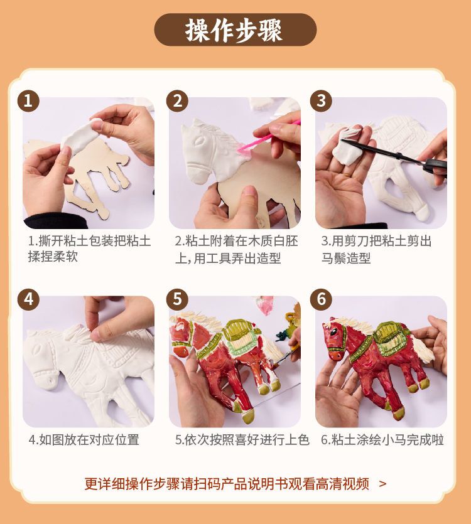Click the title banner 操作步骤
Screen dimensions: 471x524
click(x=235, y=29)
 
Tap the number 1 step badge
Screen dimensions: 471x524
click(x=28, y=101)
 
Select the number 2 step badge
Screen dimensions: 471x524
click(x=177, y=101)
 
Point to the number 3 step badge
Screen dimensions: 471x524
click(x=321, y=101)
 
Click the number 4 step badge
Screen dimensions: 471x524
click(x=28, y=299)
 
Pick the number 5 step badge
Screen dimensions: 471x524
click(x=177, y=299)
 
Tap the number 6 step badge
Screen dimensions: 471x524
click(x=321, y=299)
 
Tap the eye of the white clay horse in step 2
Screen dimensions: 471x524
click(x=200, y=141)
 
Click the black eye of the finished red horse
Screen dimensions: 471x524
click(x=334, y=332)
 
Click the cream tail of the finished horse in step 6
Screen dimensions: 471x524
click(x=421, y=349)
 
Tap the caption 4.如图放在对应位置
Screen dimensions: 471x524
click(x=84, y=440)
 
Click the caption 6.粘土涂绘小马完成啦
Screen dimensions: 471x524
click(x=382, y=440)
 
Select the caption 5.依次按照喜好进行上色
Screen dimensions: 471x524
click(x=242, y=440)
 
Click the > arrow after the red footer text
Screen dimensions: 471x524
click(x=382, y=484)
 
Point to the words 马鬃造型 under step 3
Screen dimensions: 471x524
click(x=346, y=258)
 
